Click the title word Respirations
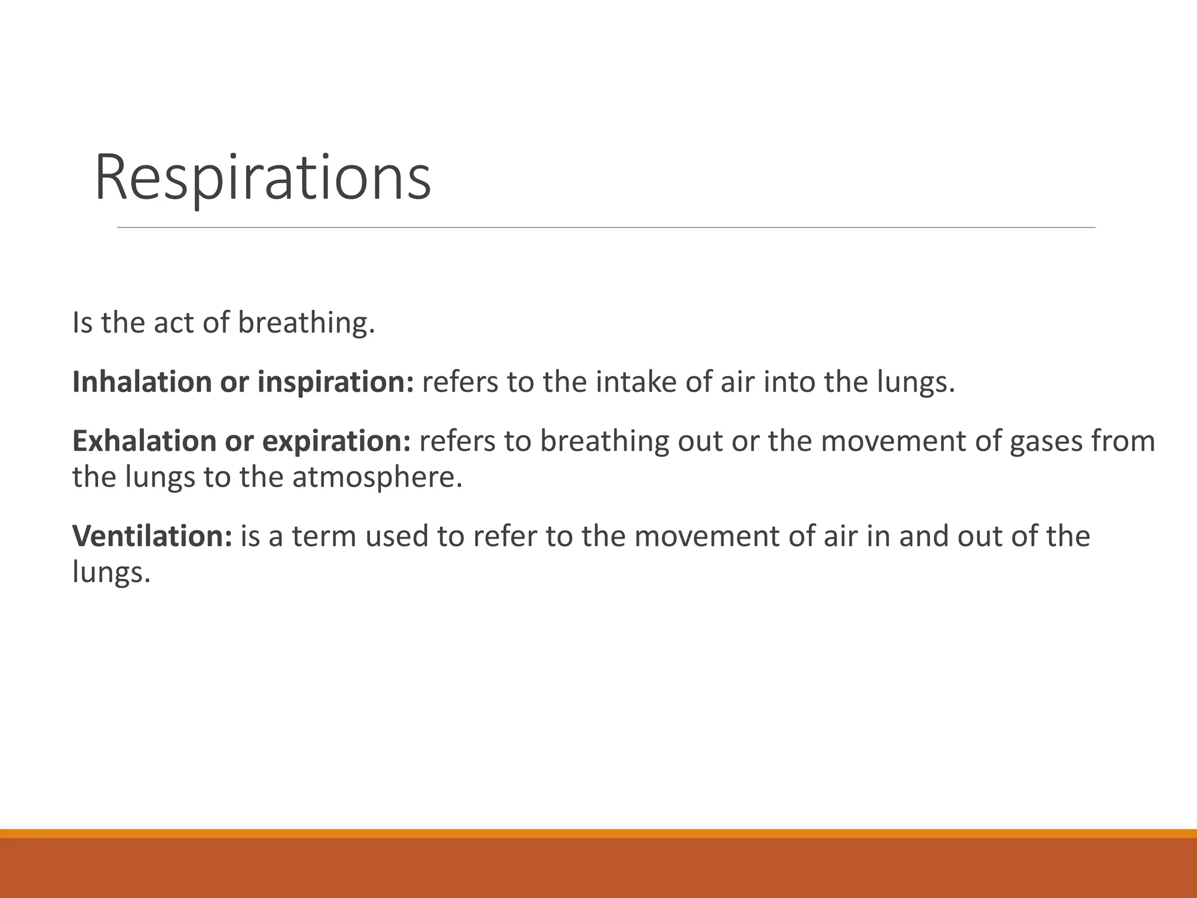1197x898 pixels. click(262, 177)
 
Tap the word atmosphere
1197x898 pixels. click(377, 477)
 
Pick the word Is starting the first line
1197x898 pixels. click(82, 323)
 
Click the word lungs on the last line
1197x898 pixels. click(111, 572)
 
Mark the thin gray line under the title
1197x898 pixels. click(606, 227)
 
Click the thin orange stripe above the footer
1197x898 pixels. click(598, 833)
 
